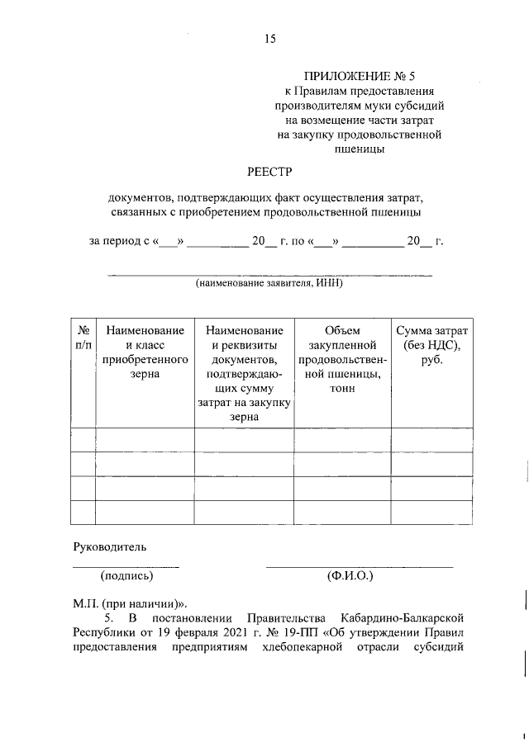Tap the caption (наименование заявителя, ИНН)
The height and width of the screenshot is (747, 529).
(x=269, y=283)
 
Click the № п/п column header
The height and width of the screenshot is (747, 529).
(x=83, y=338)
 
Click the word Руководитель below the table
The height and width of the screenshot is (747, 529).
(x=110, y=546)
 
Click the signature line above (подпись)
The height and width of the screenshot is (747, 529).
(x=126, y=566)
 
